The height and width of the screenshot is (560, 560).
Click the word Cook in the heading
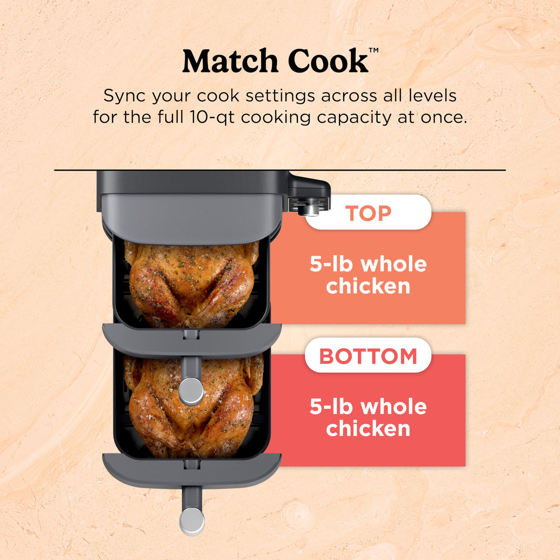tap(328, 61)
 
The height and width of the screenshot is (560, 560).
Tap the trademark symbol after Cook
tap(374, 50)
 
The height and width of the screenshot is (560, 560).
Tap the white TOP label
tap(368, 213)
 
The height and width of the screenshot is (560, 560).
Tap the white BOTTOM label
tap(368, 356)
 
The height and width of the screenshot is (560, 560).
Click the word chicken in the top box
tap(368, 286)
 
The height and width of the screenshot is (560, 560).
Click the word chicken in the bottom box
tap(368, 429)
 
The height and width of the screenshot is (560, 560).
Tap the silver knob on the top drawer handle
tap(191, 391)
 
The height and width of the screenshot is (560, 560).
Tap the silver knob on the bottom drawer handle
tap(191, 521)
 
